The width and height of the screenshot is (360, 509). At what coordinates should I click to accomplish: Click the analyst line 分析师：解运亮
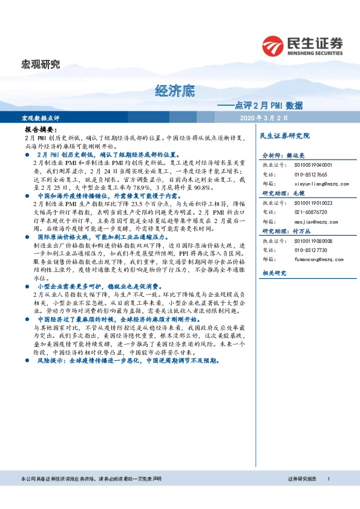pyautogui.click(x=284, y=155)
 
